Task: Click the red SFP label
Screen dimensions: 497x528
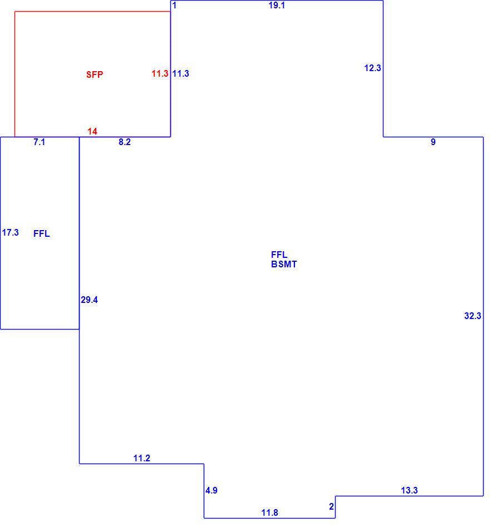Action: pyautogui.click(x=95, y=74)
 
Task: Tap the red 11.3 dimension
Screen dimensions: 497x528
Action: pyautogui.click(x=160, y=73)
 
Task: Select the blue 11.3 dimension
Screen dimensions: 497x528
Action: pyautogui.click(x=181, y=73)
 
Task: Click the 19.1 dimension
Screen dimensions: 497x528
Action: pyautogui.click(x=277, y=6)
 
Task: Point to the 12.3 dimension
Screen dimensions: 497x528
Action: pyautogui.click(x=372, y=68)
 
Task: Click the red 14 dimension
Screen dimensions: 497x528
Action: pyautogui.click(x=92, y=131)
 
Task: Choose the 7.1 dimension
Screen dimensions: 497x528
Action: pyautogui.click(x=40, y=142)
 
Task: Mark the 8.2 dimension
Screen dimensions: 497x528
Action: pyautogui.click(x=125, y=142)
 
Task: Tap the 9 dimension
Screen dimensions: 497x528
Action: pyautogui.click(x=433, y=142)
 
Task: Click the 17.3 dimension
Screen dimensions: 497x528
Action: pyautogui.click(x=11, y=233)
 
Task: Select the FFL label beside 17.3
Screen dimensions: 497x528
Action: pyautogui.click(x=42, y=233)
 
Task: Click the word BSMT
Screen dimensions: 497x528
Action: pyautogui.click(x=284, y=265)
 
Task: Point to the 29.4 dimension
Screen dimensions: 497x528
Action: pyautogui.click(x=90, y=300)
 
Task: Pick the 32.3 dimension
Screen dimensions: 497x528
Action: pyautogui.click(x=473, y=316)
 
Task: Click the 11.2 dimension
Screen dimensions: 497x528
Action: pyautogui.click(x=141, y=459)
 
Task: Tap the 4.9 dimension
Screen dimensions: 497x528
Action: pyautogui.click(x=211, y=491)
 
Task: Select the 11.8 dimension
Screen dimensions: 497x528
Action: pyautogui.click(x=270, y=513)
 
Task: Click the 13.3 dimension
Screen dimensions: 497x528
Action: pyautogui.click(x=409, y=491)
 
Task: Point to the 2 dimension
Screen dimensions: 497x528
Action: pyautogui.click(x=332, y=506)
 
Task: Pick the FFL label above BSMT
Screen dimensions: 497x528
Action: pyautogui.click(x=279, y=255)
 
